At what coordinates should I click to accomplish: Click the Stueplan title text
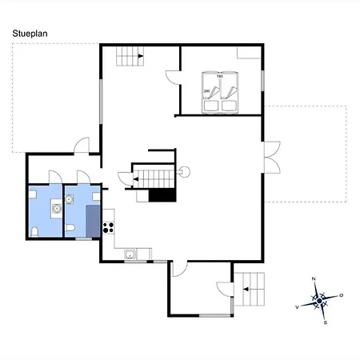click(x=30, y=34)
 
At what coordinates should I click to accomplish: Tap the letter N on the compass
click(x=314, y=279)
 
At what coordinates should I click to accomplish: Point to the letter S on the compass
click(x=326, y=322)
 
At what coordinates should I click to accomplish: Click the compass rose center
click(x=319, y=301)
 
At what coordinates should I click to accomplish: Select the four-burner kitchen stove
click(x=109, y=228)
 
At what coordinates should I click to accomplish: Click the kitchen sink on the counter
click(x=130, y=254)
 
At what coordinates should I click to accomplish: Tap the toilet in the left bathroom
click(x=35, y=232)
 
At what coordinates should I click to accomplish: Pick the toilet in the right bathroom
click(x=70, y=228)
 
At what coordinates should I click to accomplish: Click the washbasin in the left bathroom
click(x=57, y=208)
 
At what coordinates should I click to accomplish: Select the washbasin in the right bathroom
click(x=70, y=199)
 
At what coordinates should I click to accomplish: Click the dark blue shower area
click(x=93, y=221)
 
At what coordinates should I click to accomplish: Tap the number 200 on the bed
click(x=206, y=91)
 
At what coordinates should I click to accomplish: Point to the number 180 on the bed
click(x=220, y=76)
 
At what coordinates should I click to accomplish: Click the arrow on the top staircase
click(x=141, y=56)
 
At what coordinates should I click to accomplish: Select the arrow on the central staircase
click(x=136, y=179)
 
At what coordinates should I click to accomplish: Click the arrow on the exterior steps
click(x=246, y=289)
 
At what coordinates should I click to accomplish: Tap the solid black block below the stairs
click(x=162, y=195)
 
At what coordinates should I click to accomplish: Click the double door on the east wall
click(x=272, y=158)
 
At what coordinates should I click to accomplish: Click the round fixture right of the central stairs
click(x=185, y=172)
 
